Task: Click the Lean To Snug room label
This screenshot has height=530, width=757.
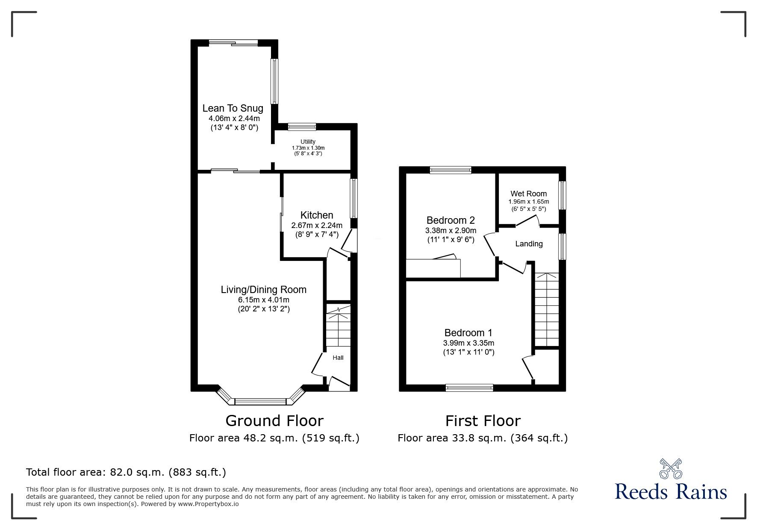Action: [x=233, y=109]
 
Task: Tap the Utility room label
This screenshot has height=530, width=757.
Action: [x=308, y=142]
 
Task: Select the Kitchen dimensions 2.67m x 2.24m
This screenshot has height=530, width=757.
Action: [x=317, y=225]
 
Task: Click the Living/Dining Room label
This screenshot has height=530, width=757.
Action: [x=263, y=290]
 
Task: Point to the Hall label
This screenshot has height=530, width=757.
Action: [x=338, y=358]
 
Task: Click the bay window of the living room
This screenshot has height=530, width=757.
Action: [x=260, y=401]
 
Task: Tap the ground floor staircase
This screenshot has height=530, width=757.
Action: [x=338, y=329]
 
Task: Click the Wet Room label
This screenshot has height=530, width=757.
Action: [x=528, y=194]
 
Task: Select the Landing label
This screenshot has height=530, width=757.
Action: [x=529, y=244]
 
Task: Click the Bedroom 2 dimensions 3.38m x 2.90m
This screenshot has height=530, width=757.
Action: [x=451, y=231]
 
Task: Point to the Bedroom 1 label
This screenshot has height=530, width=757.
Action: [x=468, y=333]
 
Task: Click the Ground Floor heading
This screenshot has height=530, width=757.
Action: [x=274, y=421]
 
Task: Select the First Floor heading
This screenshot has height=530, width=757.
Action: [x=483, y=421]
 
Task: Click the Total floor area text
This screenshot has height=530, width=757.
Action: [x=126, y=472]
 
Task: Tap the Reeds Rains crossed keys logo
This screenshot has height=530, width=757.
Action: [x=671, y=469]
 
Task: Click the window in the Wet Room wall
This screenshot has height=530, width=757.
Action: [x=563, y=195]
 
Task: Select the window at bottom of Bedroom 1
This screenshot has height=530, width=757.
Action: [x=469, y=388]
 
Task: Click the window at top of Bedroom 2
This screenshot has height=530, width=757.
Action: [x=451, y=170]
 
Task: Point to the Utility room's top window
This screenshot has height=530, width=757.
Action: [x=302, y=127]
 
